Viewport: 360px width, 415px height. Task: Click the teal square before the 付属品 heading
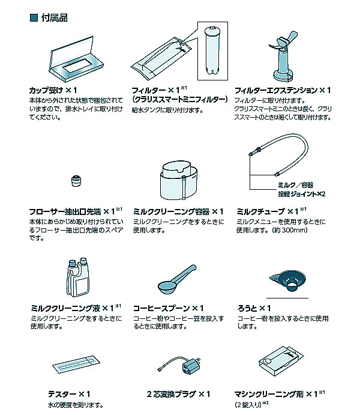tap(34, 18)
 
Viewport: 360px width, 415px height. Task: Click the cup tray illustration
tap(76, 59)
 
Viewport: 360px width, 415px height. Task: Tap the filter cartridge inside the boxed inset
tap(212, 50)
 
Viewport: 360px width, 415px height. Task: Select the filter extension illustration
tap(282, 56)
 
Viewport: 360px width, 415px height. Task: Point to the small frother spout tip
tap(76, 181)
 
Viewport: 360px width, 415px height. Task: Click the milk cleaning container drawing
tap(179, 181)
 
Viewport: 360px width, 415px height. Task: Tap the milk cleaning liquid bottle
tap(78, 277)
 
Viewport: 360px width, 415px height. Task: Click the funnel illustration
tap(287, 281)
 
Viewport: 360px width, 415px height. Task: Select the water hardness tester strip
tap(76, 364)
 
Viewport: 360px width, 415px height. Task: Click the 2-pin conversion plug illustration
tap(180, 365)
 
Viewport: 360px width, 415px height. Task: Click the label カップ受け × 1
tap(53, 91)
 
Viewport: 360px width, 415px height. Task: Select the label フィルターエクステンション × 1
tap(283, 91)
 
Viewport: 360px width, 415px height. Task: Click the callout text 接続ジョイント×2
tap(301, 194)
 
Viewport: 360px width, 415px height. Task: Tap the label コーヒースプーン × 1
tap(169, 308)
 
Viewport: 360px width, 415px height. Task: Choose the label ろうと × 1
tap(254, 308)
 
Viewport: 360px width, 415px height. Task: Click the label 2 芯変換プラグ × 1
tap(179, 394)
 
